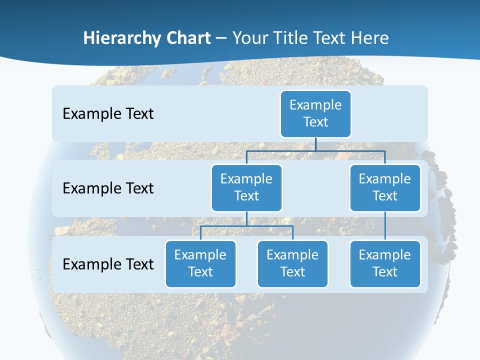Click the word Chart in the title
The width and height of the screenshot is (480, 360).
(x=190, y=38)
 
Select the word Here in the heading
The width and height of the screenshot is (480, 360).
(x=369, y=38)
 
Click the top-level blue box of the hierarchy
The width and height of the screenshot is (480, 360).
(x=315, y=113)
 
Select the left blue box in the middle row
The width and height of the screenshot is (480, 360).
(x=246, y=187)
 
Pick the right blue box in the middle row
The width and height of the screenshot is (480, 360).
(x=385, y=187)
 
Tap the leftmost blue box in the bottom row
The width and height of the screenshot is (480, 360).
(x=200, y=263)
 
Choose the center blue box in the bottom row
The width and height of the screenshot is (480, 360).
(x=292, y=263)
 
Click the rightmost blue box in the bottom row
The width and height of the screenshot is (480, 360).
(x=385, y=263)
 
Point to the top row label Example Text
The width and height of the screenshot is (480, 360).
(x=108, y=114)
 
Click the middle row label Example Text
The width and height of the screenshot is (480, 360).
(x=108, y=188)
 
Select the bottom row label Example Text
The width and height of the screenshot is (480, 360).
(x=108, y=264)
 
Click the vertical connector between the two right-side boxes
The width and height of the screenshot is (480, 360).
(x=385, y=226)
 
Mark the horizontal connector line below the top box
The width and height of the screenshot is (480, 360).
(x=350, y=150)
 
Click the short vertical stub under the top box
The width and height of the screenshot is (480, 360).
(x=315, y=144)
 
